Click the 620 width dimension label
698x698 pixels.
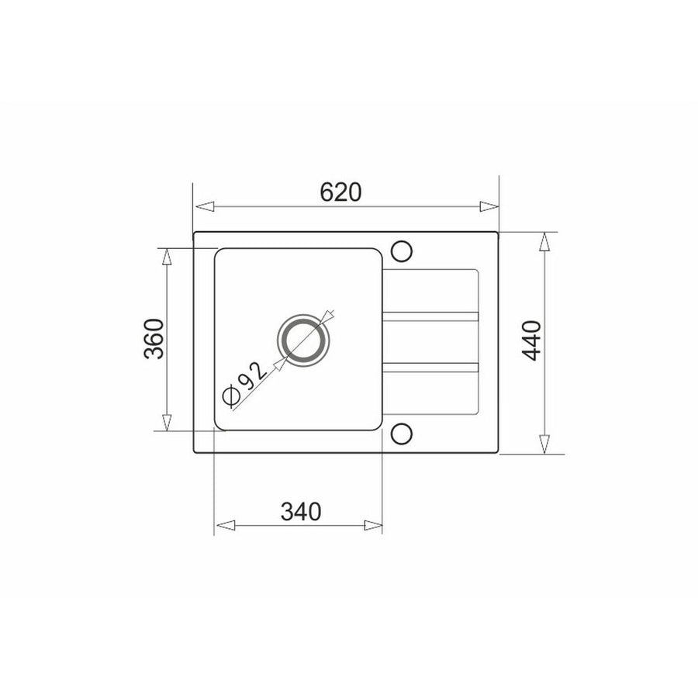pos(340,192)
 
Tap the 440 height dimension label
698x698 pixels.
pos(532,340)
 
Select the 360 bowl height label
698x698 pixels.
pos(154,339)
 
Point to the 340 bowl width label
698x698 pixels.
pos(300,512)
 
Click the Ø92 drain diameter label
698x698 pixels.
pos(245,384)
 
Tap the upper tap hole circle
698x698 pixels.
pos(402,251)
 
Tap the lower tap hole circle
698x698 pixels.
pos(402,434)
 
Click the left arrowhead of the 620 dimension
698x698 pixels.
pos(205,206)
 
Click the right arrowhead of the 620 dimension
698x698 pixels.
pos(489,206)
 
